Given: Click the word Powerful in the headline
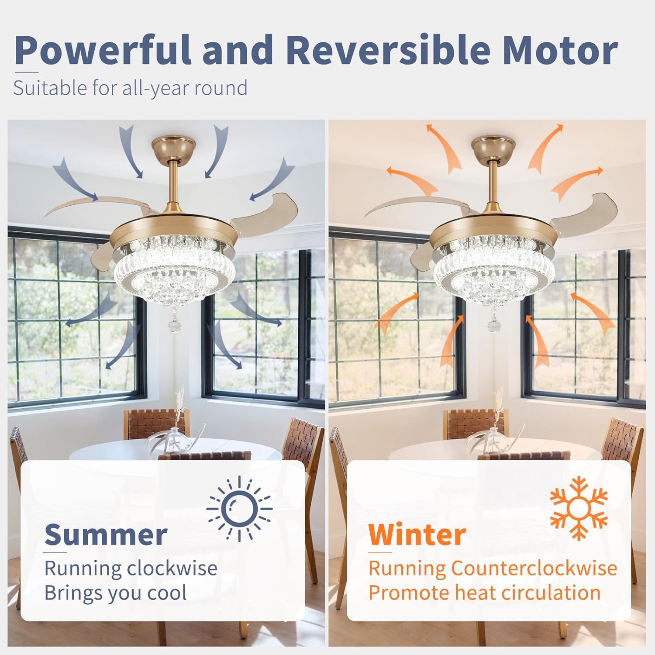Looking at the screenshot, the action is click(x=103, y=50).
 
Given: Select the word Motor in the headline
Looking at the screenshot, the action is click(x=560, y=50).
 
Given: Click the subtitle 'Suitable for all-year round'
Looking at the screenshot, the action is click(x=131, y=88).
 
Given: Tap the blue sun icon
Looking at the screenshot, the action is click(x=239, y=509).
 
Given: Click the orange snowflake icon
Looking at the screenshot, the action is click(x=579, y=508).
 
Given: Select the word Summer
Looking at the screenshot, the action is click(x=106, y=534).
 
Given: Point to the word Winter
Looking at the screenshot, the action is click(x=417, y=534).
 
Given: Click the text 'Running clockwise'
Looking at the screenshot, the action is click(x=131, y=569).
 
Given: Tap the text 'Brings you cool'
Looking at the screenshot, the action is click(x=116, y=593).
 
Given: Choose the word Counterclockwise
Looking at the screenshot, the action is click(x=534, y=568).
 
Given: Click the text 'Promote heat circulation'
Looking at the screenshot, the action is click(x=484, y=593).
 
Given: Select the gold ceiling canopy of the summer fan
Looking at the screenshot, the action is click(x=174, y=148).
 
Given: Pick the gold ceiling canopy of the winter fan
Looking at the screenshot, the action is click(x=494, y=148).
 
